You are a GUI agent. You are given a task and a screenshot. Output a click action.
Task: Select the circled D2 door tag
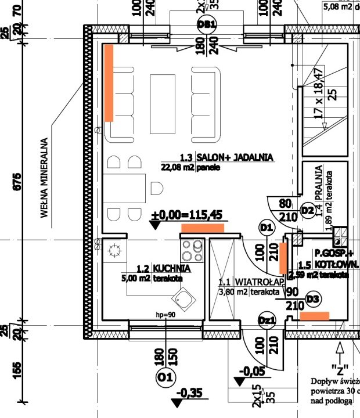coord(308,210)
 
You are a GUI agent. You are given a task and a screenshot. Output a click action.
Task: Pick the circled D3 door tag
coord(313,299)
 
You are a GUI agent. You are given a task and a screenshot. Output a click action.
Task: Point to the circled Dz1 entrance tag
coord(267,320)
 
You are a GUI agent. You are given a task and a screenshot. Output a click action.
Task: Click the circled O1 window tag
coord(165,379)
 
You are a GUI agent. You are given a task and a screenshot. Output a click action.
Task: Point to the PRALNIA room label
coord(319,181)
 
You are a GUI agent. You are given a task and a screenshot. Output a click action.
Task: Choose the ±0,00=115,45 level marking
coord(186,215)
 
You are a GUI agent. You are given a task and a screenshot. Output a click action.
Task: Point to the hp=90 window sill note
coord(165,315)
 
